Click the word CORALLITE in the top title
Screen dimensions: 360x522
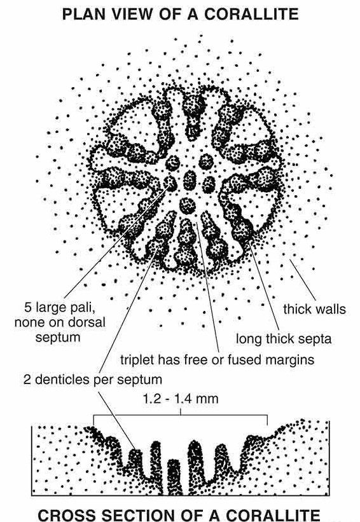[x=251, y=15]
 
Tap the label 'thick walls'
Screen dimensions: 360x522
[x=314, y=309]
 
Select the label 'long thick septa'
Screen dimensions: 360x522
[x=284, y=340]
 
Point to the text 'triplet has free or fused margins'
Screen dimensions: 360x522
[x=217, y=359]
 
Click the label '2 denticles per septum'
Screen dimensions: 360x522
[x=93, y=380]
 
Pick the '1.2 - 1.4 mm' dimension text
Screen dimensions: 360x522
[x=181, y=399]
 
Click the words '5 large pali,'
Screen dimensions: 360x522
[x=60, y=307]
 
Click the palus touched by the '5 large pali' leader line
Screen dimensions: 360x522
[x=170, y=183]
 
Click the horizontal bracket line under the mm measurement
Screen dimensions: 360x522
[x=181, y=415]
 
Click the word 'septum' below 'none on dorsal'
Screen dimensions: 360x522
[x=58, y=337]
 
